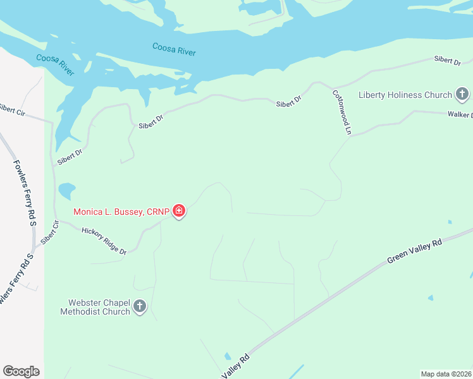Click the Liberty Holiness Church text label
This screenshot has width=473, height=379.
405,95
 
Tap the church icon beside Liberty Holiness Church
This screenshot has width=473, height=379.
462,95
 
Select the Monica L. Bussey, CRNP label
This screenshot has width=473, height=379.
121,212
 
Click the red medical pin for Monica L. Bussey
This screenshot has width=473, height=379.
179,211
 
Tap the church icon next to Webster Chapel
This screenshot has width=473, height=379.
140,307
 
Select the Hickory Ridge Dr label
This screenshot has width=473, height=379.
104,241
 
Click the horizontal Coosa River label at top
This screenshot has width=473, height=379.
174,49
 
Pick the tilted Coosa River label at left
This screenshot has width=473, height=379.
55,64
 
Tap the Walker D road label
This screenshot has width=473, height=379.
460,115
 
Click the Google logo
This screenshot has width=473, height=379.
21,371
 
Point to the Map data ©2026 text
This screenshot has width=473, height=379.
446,374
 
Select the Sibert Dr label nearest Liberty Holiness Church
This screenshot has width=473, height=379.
447,61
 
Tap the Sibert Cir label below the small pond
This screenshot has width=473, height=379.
49,232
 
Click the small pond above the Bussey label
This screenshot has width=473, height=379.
66,190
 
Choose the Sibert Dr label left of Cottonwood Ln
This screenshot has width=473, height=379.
288,101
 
